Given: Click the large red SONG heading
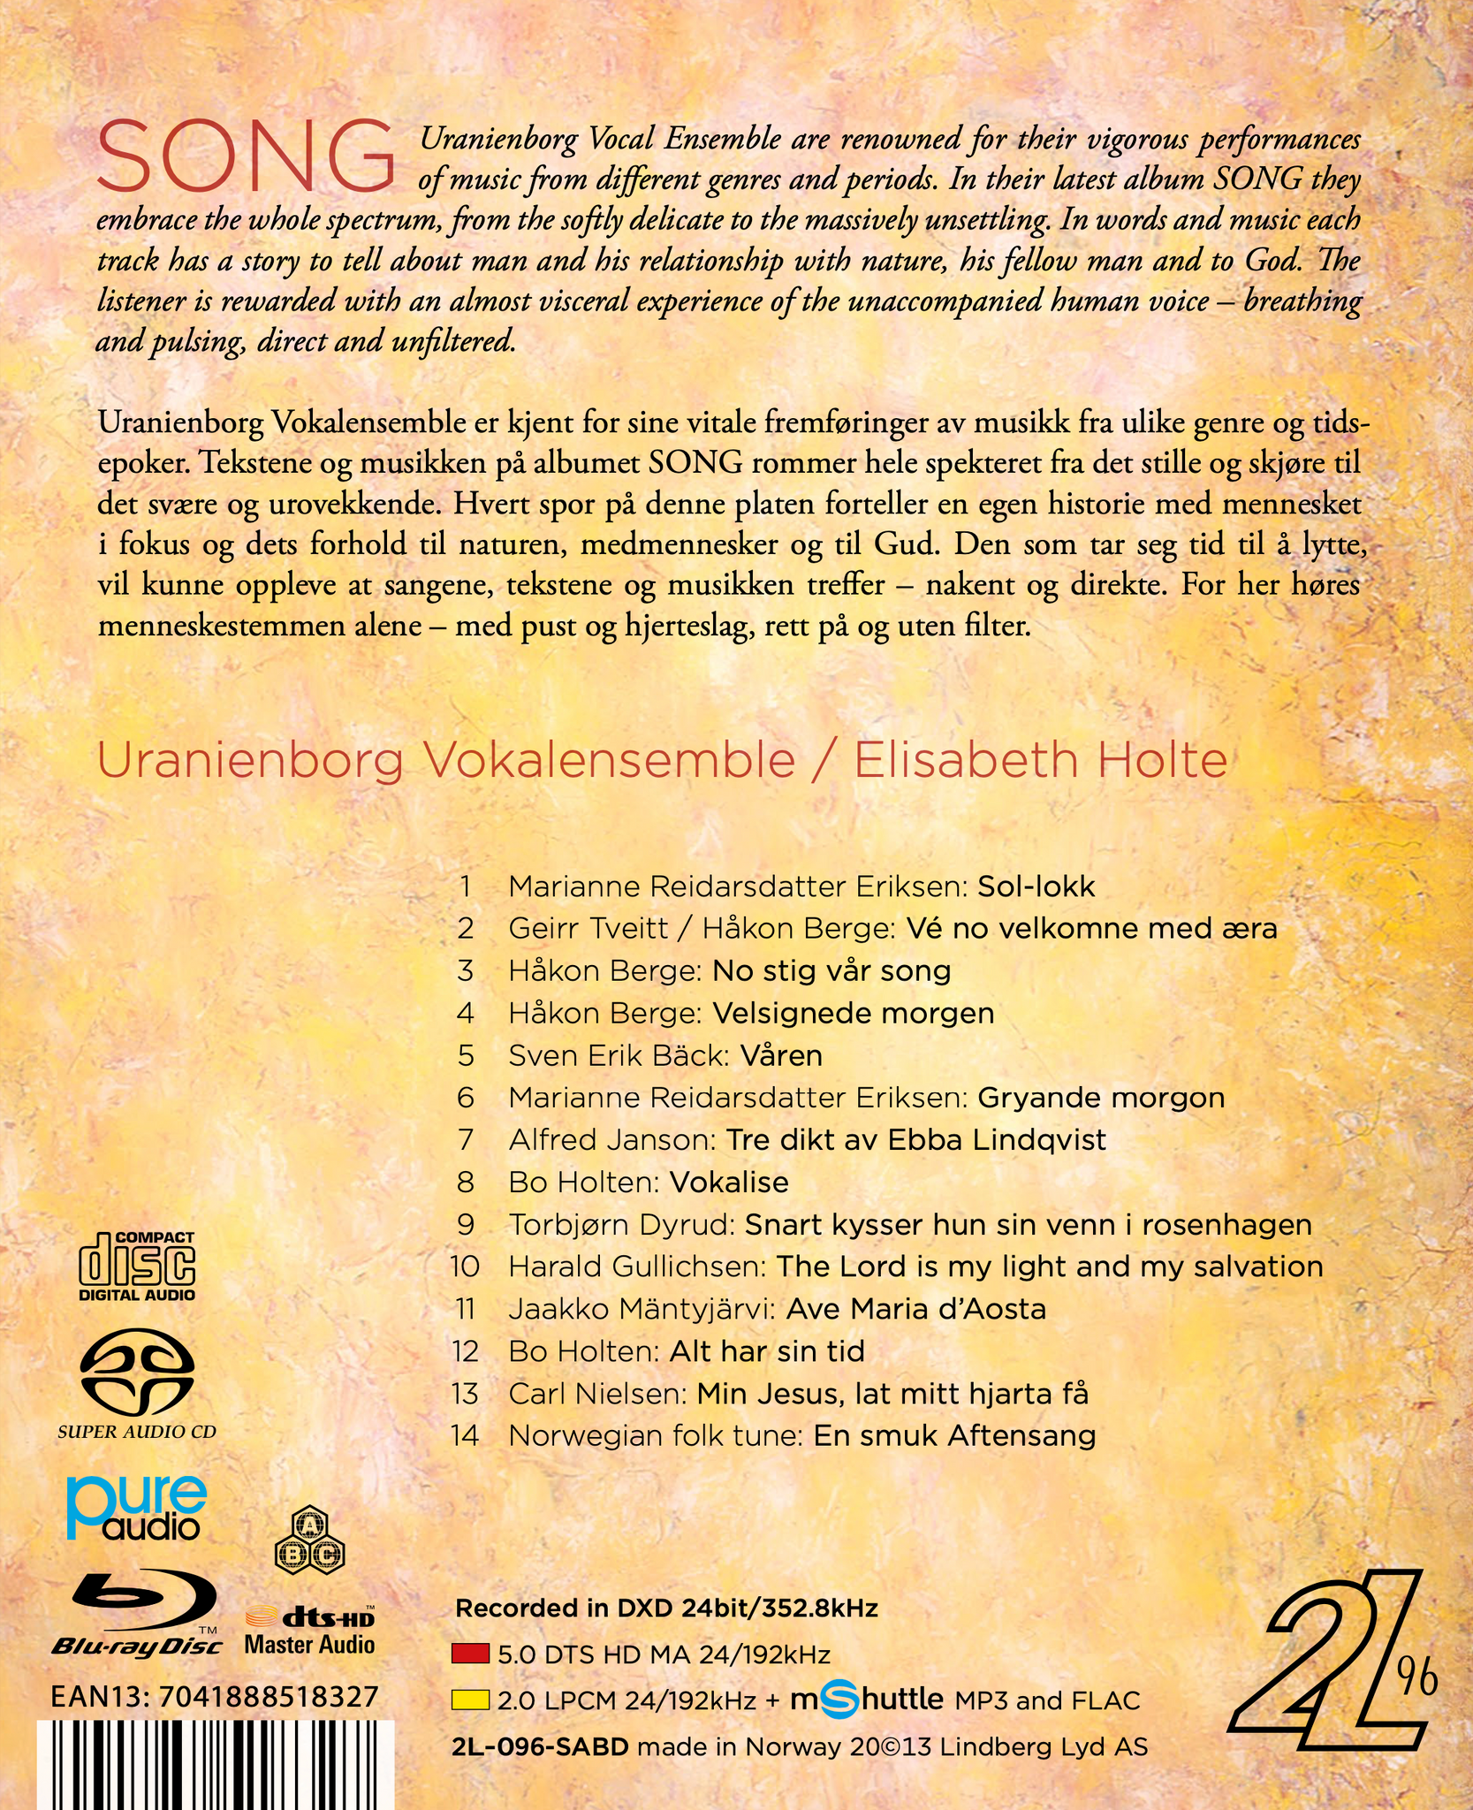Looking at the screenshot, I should point(247,157).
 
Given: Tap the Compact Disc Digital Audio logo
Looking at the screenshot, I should point(137,1266).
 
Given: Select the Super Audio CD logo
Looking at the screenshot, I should point(137,1387).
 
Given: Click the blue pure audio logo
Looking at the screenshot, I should point(137,1510).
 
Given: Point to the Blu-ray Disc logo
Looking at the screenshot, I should point(137,1616).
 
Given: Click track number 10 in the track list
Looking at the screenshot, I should point(465,1266).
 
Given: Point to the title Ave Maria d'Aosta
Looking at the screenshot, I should point(915,1309).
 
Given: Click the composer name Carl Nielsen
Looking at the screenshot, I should point(597,1394).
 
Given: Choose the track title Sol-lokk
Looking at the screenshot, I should point(1036,886).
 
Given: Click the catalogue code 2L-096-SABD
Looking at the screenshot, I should point(540,1746).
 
